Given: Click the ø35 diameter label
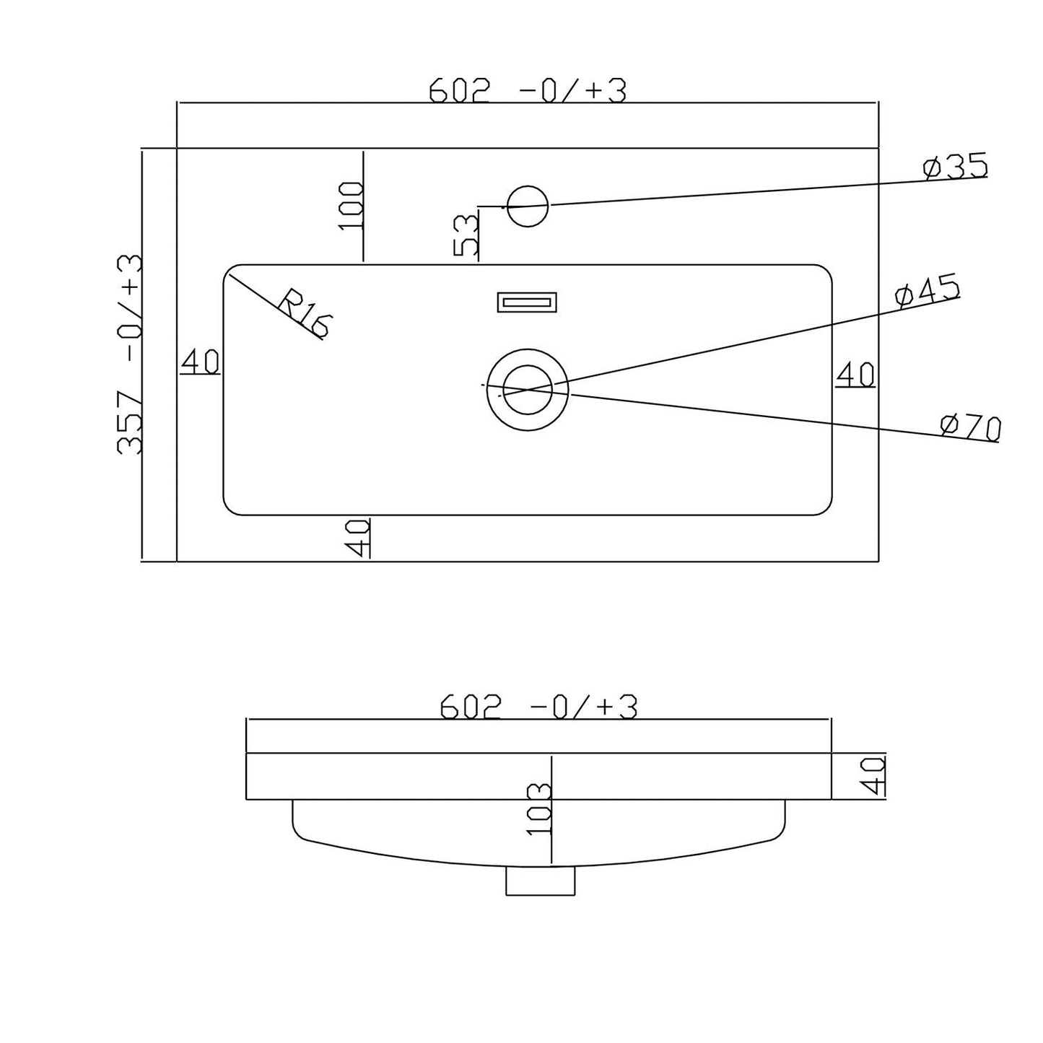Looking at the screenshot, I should click(x=954, y=167).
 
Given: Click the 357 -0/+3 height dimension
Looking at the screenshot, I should click(x=130, y=354).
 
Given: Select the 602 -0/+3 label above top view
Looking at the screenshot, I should click(x=527, y=91).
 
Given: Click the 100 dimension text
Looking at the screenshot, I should click(x=352, y=206).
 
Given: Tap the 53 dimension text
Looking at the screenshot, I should click(x=466, y=235).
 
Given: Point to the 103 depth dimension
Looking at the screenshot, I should click(x=539, y=808).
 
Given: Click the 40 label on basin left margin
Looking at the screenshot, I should click(x=200, y=362).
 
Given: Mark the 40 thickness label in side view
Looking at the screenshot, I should click(x=874, y=776).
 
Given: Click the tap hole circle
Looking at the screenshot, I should click(x=528, y=206).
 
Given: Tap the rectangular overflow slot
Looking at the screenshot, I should click(x=527, y=302).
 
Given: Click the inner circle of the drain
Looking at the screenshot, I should click(x=528, y=390).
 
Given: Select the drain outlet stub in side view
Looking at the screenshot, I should click(x=540, y=881).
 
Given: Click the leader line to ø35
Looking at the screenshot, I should click(x=722, y=194).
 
